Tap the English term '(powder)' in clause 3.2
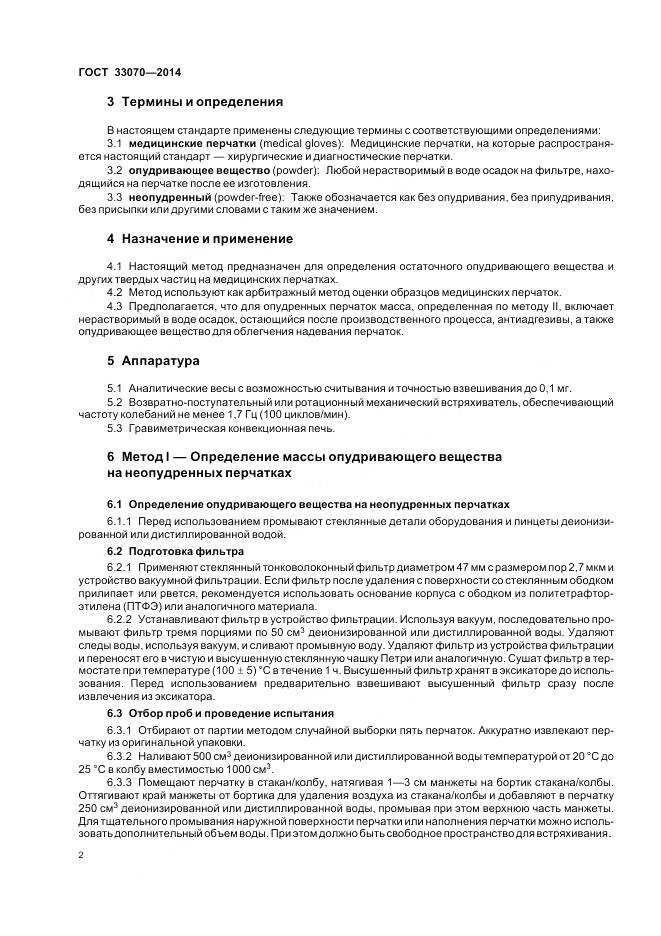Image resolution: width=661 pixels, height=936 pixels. (287, 171)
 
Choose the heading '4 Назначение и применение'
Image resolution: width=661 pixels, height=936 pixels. (200, 239)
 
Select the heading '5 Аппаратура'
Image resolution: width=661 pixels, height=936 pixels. (153, 359)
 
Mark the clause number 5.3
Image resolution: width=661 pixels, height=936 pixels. (114, 427)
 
